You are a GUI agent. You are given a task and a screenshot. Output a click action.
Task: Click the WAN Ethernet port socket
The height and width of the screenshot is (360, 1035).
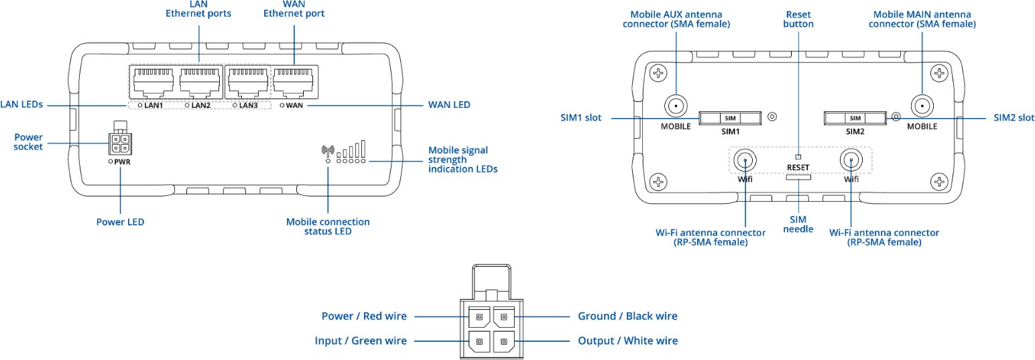click(292, 84)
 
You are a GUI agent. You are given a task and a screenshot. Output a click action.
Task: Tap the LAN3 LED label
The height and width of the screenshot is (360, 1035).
click(248, 106)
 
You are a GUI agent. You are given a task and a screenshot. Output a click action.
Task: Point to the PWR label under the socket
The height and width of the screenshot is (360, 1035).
click(122, 162)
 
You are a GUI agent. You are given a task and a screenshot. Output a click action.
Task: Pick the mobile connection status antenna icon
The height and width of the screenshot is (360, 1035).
click(328, 151)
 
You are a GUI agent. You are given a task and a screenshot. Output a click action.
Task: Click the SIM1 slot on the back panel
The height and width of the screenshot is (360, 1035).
click(730, 118)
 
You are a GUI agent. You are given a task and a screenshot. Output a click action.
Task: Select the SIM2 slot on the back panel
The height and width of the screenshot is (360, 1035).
click(855, 118)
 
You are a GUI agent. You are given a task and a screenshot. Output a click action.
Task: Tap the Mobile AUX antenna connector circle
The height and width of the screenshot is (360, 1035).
click(675, 106)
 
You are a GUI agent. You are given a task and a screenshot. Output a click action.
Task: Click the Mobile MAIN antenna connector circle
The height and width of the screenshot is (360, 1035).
click(921, 106)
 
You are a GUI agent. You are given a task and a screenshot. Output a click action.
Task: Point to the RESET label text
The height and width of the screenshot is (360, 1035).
click(798, 168)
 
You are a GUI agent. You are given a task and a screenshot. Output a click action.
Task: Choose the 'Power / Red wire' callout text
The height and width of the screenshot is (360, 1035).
click(364, 316)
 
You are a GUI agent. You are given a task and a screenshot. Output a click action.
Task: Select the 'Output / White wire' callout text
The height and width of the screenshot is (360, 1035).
click(627, 341)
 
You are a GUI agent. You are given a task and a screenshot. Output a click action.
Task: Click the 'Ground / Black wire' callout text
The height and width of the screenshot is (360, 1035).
click(627, 316)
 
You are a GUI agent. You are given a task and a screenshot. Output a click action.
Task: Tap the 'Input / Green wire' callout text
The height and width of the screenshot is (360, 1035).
click(361, 341)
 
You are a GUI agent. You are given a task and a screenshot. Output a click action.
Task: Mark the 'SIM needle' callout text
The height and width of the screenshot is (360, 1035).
click(798, 225)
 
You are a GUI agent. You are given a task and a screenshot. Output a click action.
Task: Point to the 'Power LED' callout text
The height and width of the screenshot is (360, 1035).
click(121, 222)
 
